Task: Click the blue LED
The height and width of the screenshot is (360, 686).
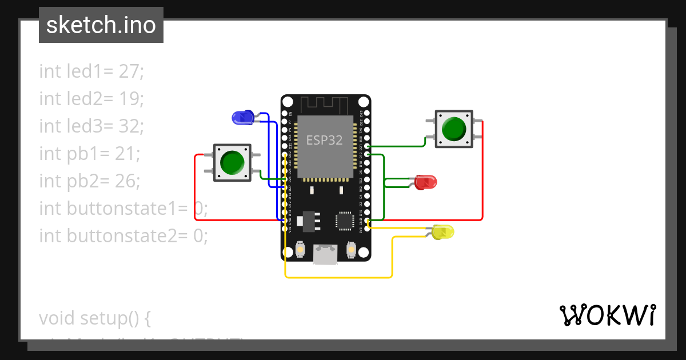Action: click(243, 118)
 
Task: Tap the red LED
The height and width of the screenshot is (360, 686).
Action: click(426, 182)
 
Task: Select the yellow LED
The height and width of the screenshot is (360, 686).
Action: click(443, 232)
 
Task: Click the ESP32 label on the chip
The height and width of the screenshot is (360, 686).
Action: click(324, 140)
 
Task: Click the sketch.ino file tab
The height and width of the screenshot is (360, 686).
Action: click(101, 25)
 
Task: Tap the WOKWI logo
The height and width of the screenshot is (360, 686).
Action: click(607, 315)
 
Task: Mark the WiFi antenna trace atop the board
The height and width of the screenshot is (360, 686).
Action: click(325, 105)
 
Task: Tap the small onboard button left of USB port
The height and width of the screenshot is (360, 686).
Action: click(301, 250)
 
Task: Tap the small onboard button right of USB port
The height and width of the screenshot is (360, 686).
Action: click(351, 250)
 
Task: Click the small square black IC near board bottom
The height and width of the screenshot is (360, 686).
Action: click(345, 221)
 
